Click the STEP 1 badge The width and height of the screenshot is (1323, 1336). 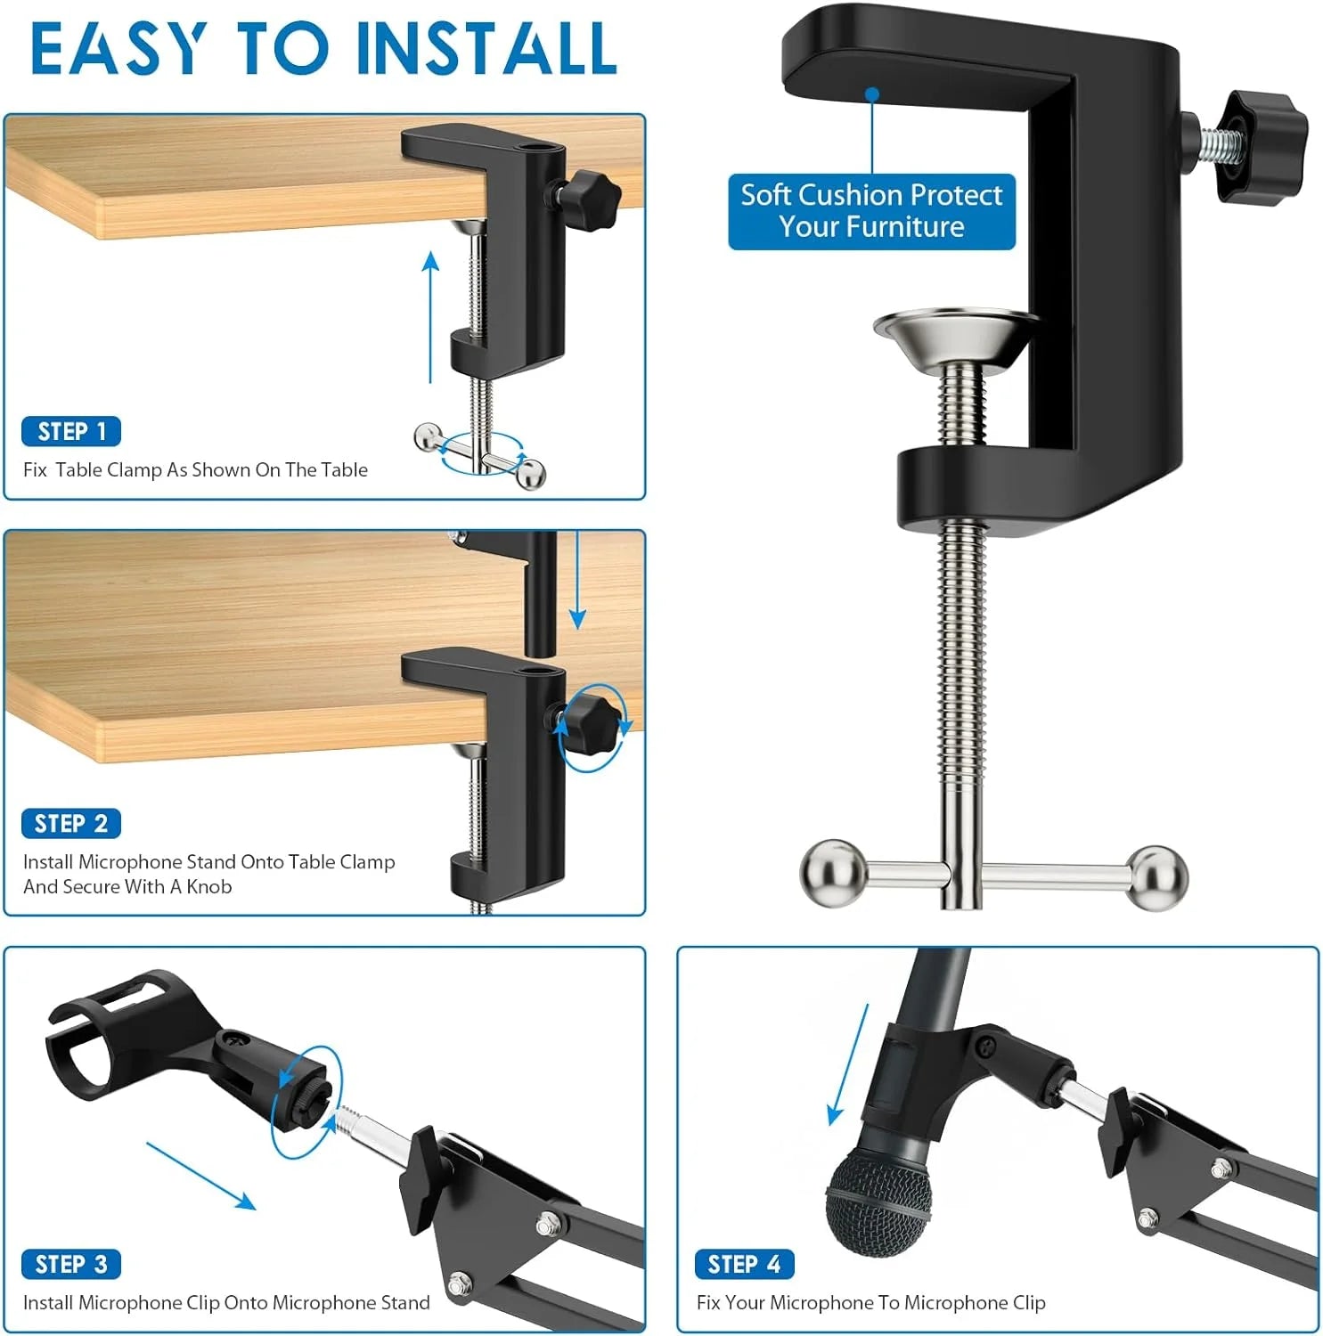tap(71, 432)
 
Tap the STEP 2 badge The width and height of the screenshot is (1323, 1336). tap(71, 824)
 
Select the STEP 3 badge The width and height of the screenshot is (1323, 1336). tap(71, 1264)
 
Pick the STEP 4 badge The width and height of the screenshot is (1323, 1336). tap(744, 1264)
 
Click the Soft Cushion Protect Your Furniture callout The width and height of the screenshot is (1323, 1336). tap(871, 211)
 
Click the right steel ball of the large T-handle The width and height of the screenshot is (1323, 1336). tap(1157, 878)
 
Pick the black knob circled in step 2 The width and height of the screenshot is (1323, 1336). tap(590, 724)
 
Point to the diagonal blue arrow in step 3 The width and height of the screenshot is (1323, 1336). tap(201, 1176)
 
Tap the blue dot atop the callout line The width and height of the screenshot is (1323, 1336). tap(872, 94)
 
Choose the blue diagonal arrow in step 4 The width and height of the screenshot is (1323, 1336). tap(849, 1064)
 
